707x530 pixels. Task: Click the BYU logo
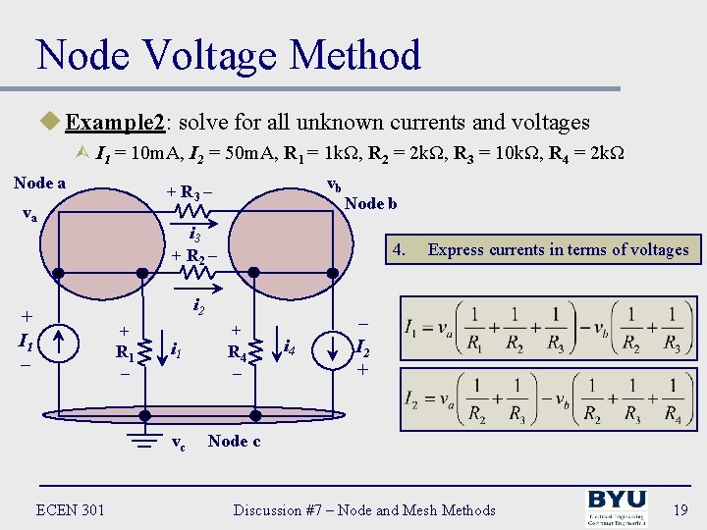617,508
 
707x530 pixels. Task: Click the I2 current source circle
337,345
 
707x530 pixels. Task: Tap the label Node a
40,183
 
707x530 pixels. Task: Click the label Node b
370,203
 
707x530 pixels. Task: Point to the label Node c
234,442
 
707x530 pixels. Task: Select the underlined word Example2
109,122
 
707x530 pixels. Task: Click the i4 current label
290,345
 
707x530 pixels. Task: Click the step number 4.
399,249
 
